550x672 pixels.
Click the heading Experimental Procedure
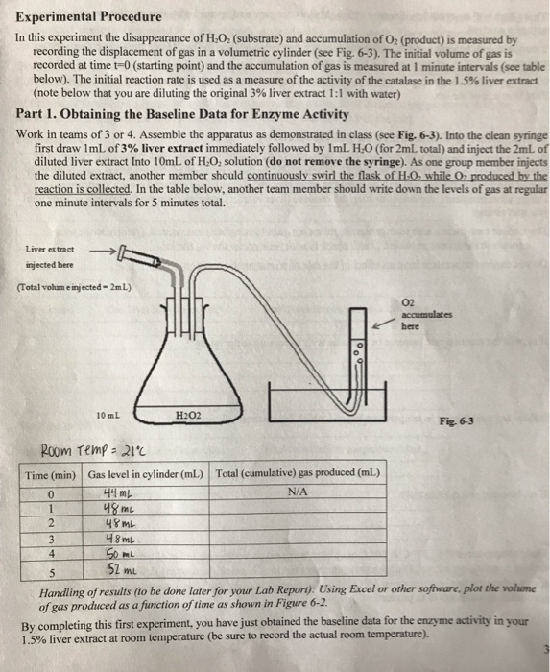point(75,16)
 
